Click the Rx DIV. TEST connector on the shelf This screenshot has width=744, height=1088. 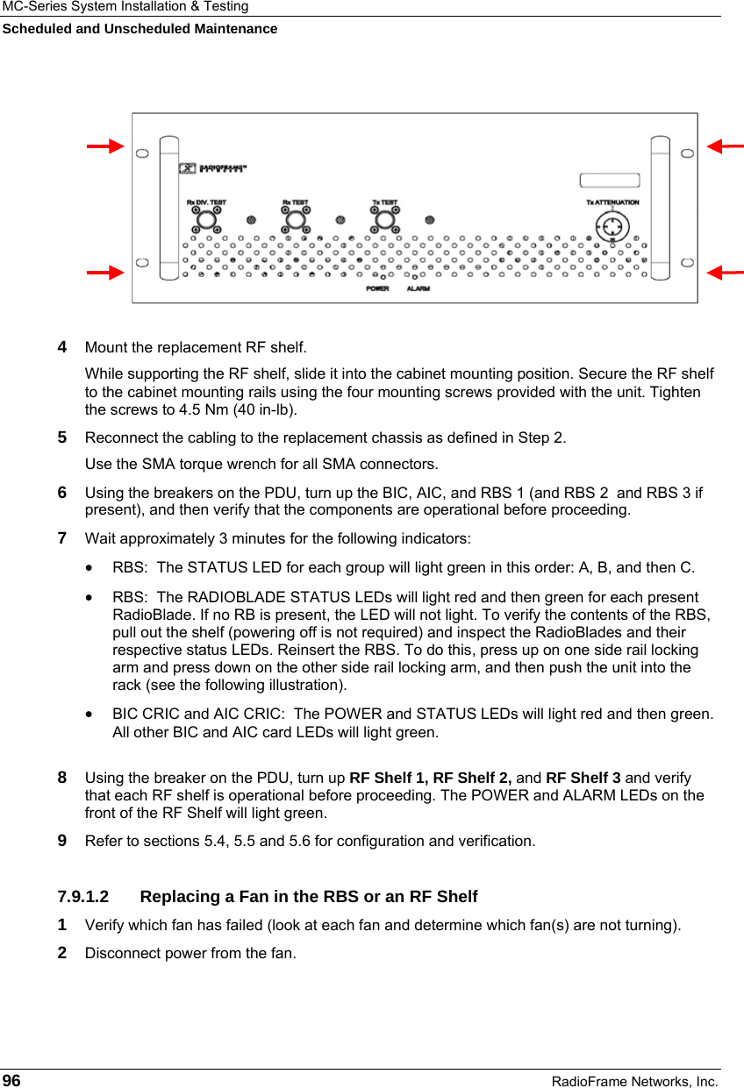(206, 220)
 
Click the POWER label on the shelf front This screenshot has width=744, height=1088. (377, 288)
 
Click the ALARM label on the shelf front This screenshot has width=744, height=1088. (418, 288)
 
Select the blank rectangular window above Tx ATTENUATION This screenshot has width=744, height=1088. (609, 181)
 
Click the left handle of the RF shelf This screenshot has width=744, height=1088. (169, 201)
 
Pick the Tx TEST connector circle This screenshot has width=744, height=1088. (384, 220)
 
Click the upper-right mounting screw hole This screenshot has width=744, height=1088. (687, 153)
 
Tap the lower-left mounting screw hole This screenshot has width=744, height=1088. (142, 262)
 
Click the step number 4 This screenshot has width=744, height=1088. (63, 348)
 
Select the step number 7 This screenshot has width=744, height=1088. (63, 537)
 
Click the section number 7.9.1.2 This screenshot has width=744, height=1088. (83, 897)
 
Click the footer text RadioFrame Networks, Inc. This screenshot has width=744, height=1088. (634, 1082)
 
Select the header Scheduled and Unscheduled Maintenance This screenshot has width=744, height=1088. (139, 29)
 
